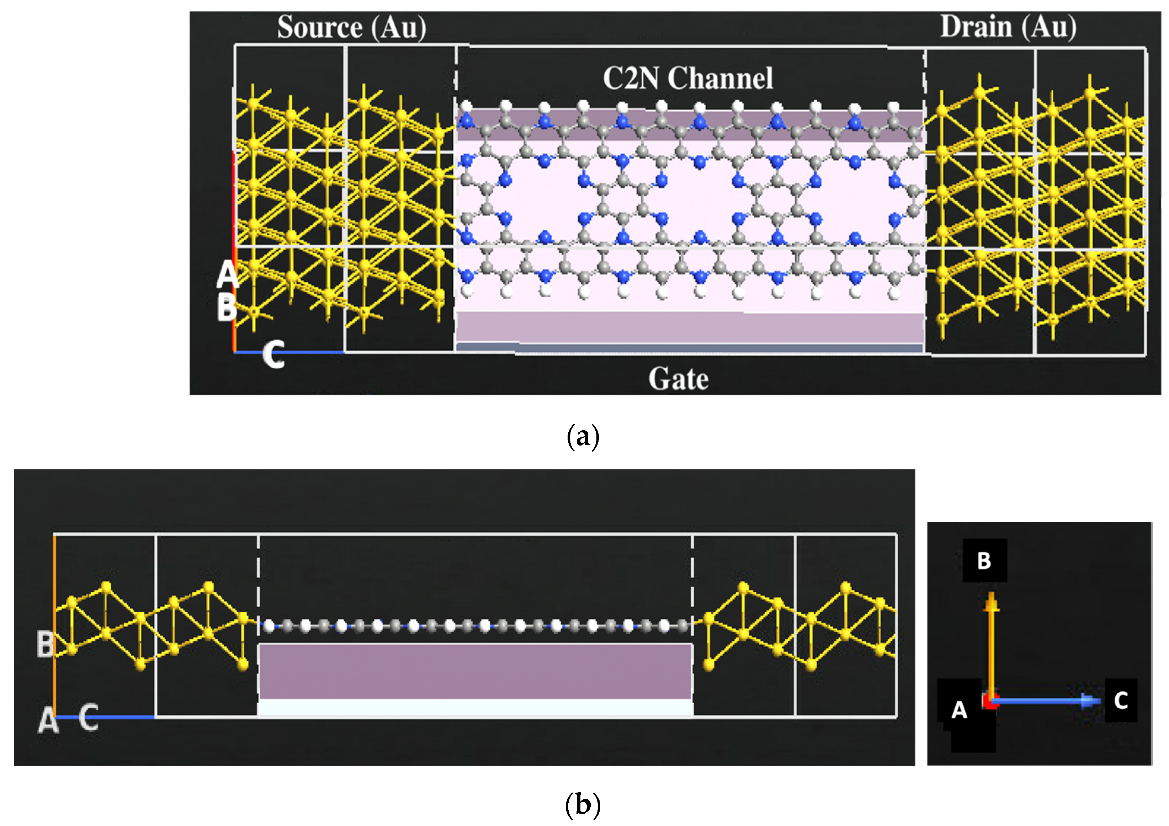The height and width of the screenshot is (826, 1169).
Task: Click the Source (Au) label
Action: tap(351, 27)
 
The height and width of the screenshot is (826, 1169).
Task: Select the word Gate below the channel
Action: tap(678, 379)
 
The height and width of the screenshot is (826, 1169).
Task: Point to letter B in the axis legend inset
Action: tap(984, 560)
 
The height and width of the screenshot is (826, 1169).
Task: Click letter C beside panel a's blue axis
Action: tap(273, 355)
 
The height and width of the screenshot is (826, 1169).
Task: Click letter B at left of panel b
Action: tap(45, 644)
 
